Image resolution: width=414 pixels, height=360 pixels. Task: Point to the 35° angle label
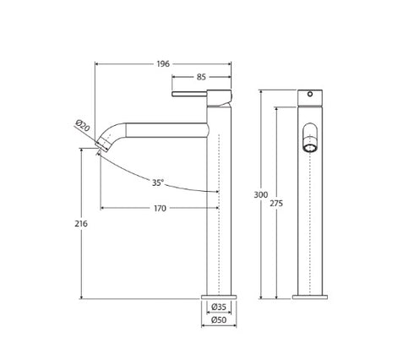158,182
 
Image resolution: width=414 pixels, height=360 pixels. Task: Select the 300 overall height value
263,194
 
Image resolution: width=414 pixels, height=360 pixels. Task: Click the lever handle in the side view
196,94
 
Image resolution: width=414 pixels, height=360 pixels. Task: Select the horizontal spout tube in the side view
169,129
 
